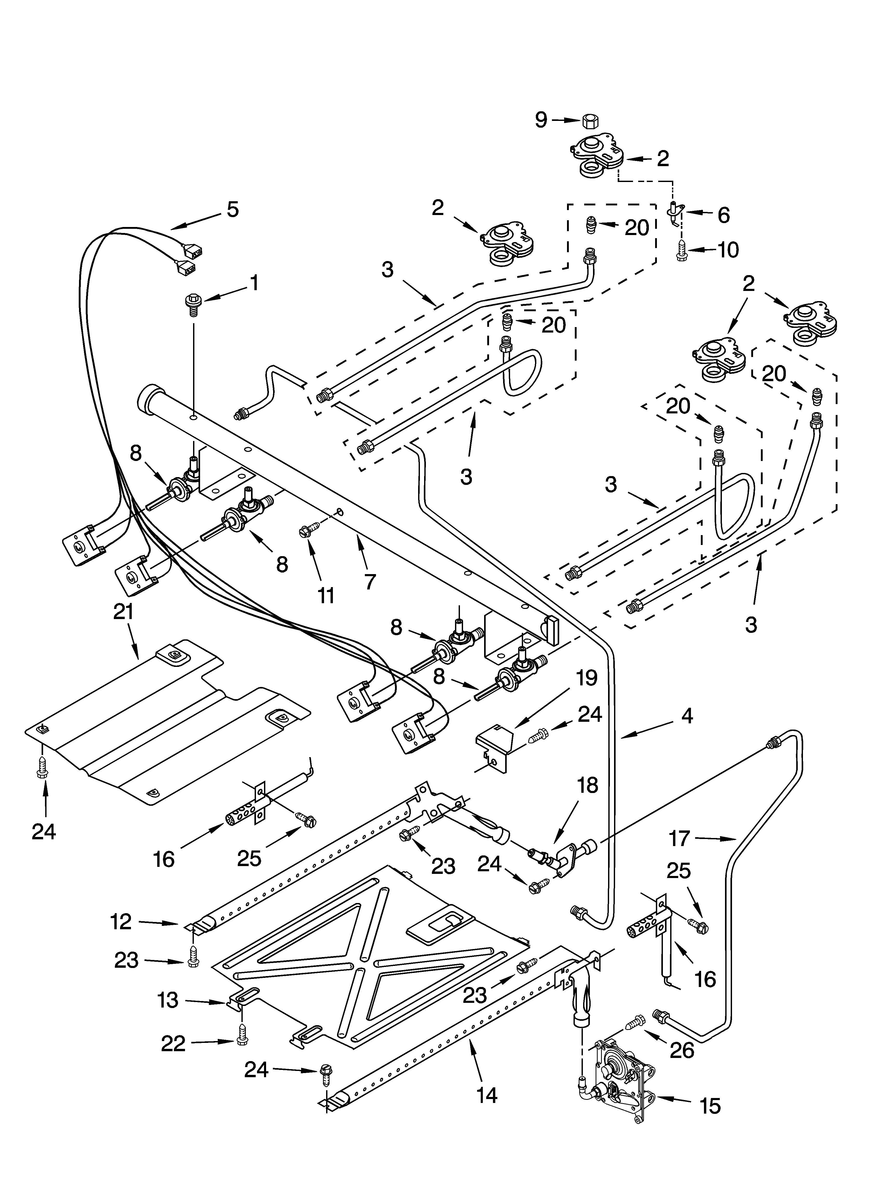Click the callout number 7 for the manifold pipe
point(370,581)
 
